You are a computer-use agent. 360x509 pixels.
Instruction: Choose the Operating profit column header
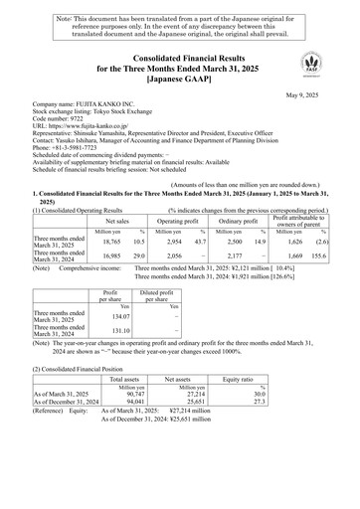pos(183,225)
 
